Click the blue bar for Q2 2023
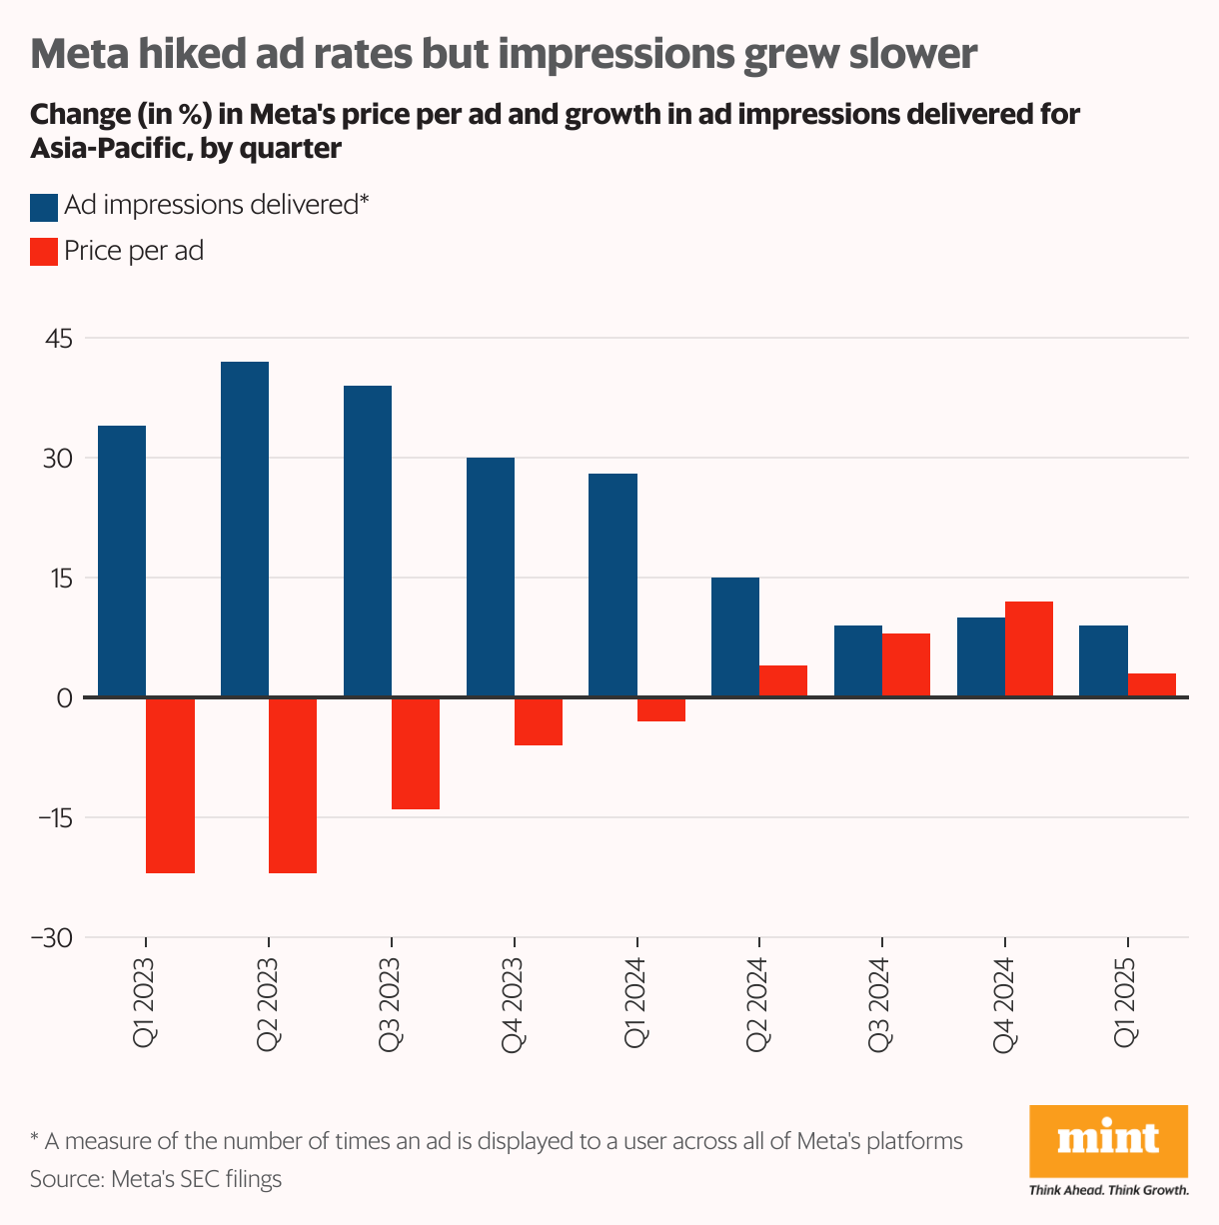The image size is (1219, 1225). (x=245, y=530)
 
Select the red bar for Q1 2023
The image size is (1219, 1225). (x=170, y=785)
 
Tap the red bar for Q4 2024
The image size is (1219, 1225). (x=1029, y=649)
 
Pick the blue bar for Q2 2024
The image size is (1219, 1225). (x=735, y=637)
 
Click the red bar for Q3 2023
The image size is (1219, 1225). (x=416, y=753)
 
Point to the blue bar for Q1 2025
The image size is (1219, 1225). (x=1103, y=661)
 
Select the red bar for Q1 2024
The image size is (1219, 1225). (x=661, y=709)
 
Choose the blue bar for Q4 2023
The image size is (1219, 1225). (x=491, y=578)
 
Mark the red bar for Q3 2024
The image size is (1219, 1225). (x=906, y=665)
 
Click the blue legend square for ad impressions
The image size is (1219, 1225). (x=44, y=207)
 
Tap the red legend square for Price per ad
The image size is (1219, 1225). (x=44, y=252)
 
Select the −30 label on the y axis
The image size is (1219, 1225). (x=52, y=938)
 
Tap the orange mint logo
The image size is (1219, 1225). (x=1108, y=1140)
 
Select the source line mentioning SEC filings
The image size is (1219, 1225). (x=156, y=1179)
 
